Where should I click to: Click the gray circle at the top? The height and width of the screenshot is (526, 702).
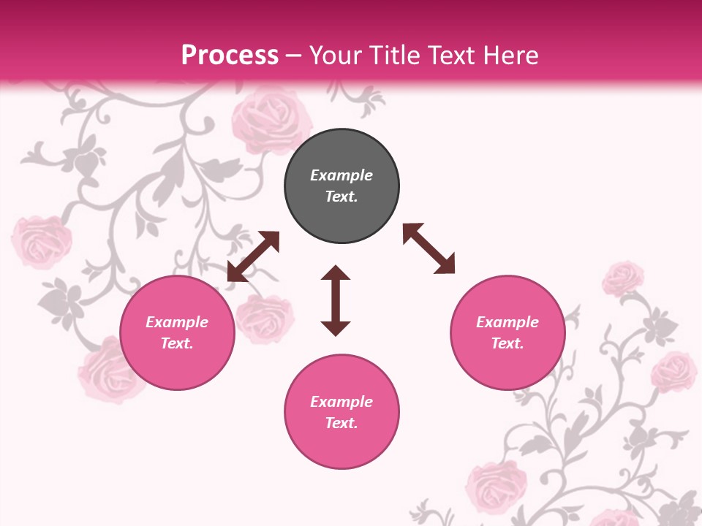tap(341, 186)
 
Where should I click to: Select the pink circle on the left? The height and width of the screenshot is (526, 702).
tap(177, 332)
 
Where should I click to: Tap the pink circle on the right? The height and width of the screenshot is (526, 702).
tap(507, 332)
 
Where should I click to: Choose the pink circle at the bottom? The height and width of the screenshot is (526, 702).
tap(341, 411)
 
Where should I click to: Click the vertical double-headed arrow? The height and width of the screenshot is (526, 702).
tap(336, 300)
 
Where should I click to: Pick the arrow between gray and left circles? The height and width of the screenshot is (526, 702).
tap(253, 256)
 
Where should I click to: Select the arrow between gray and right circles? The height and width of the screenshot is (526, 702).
tap(429, 248)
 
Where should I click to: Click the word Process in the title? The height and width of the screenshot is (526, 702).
tap(230, 55)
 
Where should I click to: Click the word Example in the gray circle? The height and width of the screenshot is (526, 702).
tap(341, 175)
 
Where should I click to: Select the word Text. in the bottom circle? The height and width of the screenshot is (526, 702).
tap(341, 423)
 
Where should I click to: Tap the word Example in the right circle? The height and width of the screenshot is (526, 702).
tap(507, 322)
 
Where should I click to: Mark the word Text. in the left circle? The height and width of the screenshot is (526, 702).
tap(177, 343)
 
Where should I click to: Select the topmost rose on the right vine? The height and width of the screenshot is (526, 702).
tap(623, 278)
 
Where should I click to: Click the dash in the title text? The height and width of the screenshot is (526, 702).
tap(294, 56)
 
